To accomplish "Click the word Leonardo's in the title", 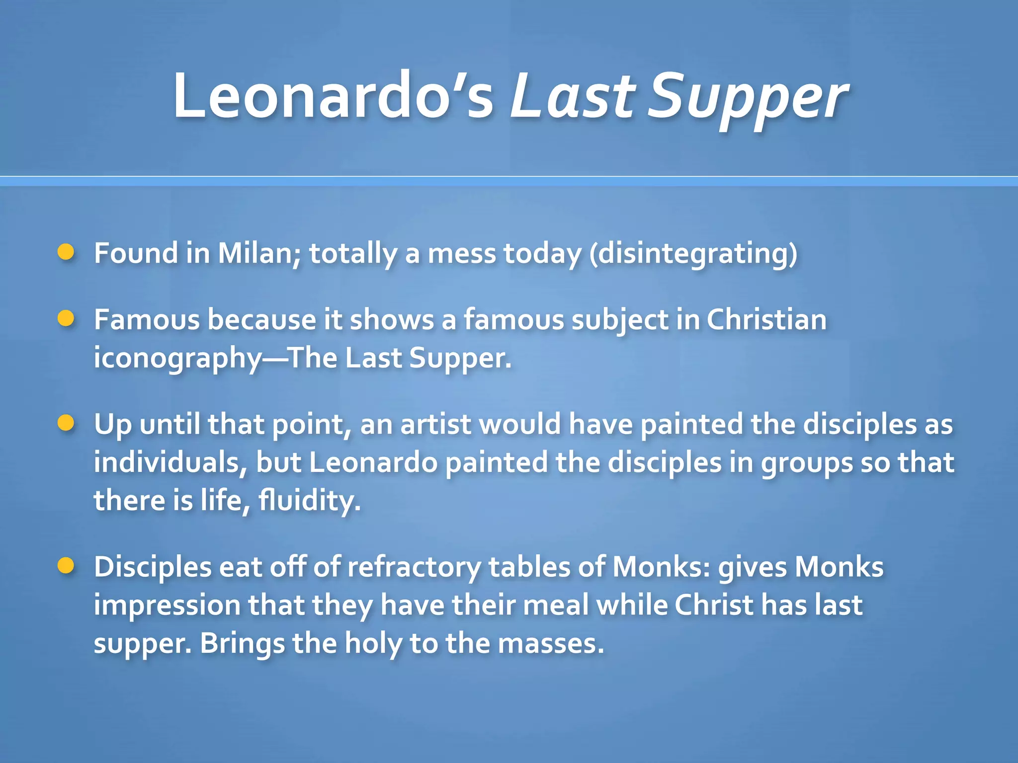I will [333, 95].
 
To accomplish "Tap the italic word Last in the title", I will [572, 95].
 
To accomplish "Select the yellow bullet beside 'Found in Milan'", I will [66, 252].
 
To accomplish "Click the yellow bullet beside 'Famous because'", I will [66, 318].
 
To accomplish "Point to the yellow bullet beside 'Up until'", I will [66, 424].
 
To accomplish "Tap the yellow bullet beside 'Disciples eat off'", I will [66, 566].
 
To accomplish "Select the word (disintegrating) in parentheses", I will [693, 254].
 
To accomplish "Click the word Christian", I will [766, 319].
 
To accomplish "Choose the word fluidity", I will [309, 500].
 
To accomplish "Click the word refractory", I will [414, 567].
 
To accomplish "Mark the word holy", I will [373, 644].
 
